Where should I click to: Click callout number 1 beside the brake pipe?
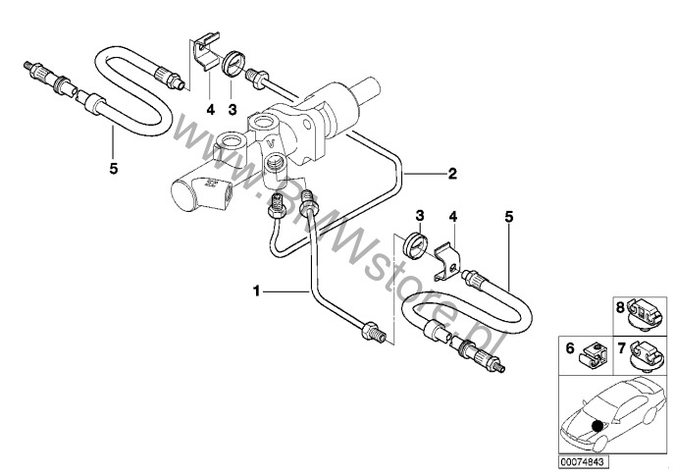[256, 290]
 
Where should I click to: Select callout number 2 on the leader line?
[452, 175]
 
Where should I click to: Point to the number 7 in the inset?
[621, 349]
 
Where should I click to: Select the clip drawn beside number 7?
[642, 352]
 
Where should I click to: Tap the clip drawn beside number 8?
[642, 313]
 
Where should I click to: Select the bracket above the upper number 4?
[204, 55]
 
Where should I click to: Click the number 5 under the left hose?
[114, 169]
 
